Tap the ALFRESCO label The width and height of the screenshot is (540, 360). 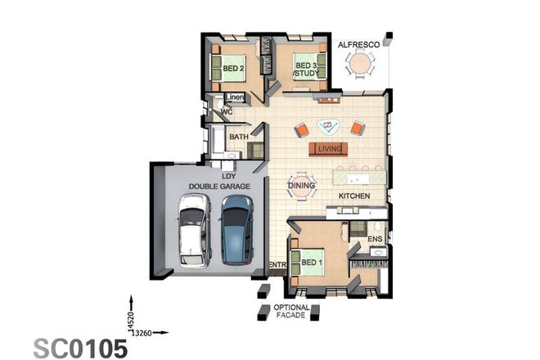pyautogui.click(x=358, y=46)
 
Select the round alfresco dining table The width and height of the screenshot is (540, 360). pyautogui.click(x=359, y=63)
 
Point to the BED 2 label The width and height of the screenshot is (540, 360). pyautogui.click(x=234, y=69)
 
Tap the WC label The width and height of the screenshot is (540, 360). pyautogui.click(x=228, y=111)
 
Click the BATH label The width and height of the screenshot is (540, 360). pyautogui.click(x=239, y=137)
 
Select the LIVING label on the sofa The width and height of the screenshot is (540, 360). pyautogui.click(x=329, y=149)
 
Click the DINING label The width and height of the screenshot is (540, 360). pyautogui.click(x=301, y=187)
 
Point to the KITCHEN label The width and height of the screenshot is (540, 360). pyautogui.click(x=355, y=197)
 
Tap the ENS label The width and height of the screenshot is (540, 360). pyautogui.click(x=376, y=239)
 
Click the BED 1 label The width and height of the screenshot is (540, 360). pyautogui.click(x=313, y=263)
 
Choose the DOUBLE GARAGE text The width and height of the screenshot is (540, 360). pyautogui.click(x=218, y=187)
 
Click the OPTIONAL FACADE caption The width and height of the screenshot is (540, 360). pyautogui.click(x=292, y=312)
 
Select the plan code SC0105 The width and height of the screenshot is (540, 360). pyautogui.click(x=80, y=348)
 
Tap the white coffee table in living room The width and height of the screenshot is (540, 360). pyautogui.click(x=331, y=127)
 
